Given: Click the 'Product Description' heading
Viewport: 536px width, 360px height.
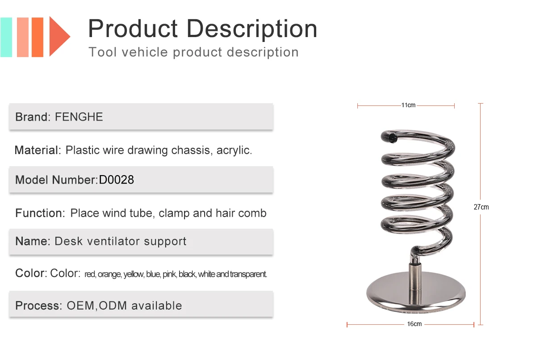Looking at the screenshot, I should (x=202, y=29).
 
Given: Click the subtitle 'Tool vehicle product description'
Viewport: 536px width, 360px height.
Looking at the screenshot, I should (x=193, y=52).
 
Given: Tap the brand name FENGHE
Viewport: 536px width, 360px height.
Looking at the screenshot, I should (x=79, y=117).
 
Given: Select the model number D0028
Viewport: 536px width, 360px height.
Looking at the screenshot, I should (x=116, y=180).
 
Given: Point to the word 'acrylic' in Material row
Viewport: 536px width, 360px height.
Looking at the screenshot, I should (x=234, y=150).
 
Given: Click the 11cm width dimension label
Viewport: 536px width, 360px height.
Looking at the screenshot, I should (x=408, y=105).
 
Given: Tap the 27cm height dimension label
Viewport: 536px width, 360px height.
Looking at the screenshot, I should (x=481, y=207).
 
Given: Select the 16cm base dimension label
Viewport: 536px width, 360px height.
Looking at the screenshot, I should (x=414, y=324).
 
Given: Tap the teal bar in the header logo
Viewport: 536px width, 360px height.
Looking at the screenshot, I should (x=6, y=37).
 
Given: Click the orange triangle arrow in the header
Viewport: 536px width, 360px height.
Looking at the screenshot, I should (x=58, y=37).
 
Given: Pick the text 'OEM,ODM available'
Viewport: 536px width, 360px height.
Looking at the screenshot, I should (x=124, y=306).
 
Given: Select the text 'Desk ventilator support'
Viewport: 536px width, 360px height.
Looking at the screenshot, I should (x=121, y=242).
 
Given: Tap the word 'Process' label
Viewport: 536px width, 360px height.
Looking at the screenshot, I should (x=38, y=306).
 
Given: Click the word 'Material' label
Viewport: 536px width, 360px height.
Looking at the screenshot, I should (x=37, y=150).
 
